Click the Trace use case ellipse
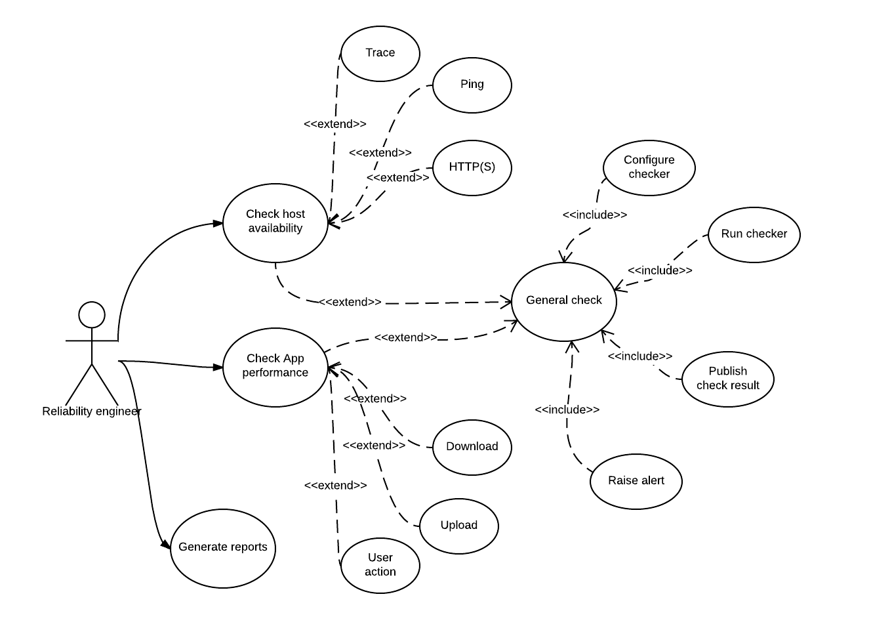380,53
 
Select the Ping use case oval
472,85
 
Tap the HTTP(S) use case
472,167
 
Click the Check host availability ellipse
275,222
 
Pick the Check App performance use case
275,367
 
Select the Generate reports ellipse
223,548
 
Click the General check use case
564,301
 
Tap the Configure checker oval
649,167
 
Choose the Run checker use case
754,234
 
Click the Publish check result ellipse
728,379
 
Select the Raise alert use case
636,481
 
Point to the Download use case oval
472,447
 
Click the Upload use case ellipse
459,526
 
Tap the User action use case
380,565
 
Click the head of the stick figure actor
92,315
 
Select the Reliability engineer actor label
92,411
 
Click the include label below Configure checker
595,215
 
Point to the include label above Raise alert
567,409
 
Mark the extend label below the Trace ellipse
335,123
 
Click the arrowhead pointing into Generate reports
166,544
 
